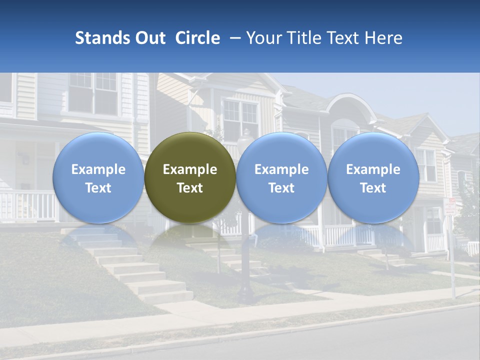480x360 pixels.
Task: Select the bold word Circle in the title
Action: coord(197,38)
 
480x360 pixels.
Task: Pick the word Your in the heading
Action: coord(263,38)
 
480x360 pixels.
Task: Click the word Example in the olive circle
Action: coord(190,169)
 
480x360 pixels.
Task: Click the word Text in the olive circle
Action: coord(190,188)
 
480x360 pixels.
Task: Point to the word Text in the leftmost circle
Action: coord(98,188)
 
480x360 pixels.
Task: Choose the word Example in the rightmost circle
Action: coord(373,169)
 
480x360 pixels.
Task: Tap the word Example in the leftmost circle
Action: coord(98,169)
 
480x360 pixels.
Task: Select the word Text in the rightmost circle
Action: coord(373,188)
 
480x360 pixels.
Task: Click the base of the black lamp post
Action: coord(245,295)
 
